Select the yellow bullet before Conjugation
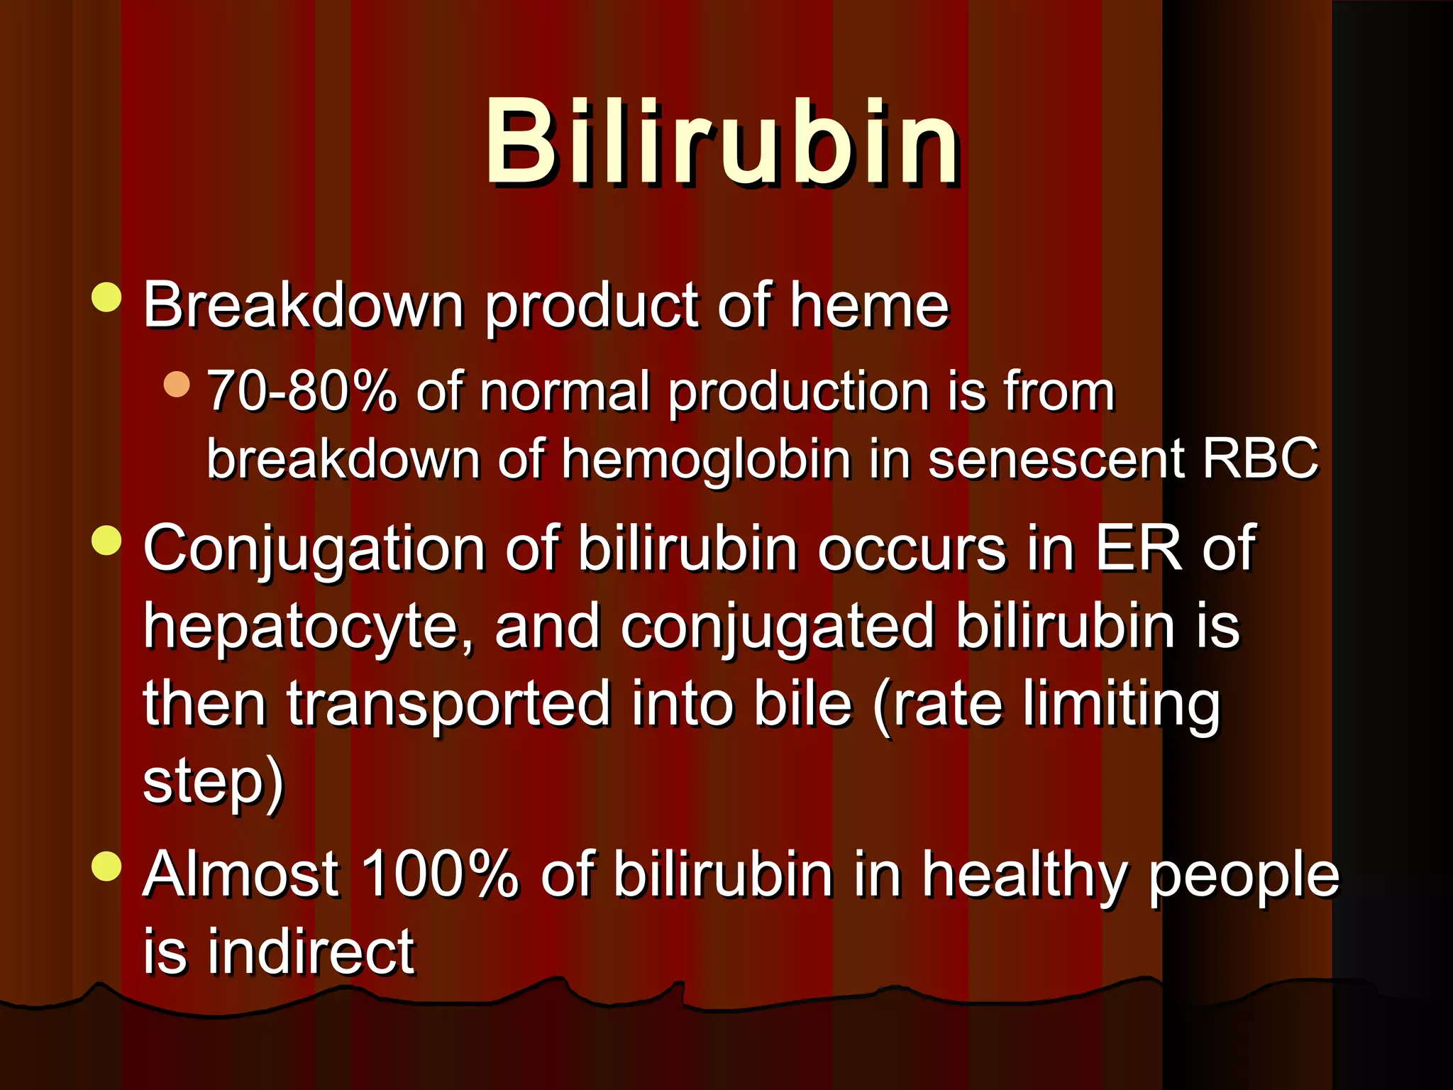click(107, 540)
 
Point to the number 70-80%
click(302, 391)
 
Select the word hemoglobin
click(706, 460)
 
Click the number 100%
click(440, 874)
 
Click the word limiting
click(1121, 706)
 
